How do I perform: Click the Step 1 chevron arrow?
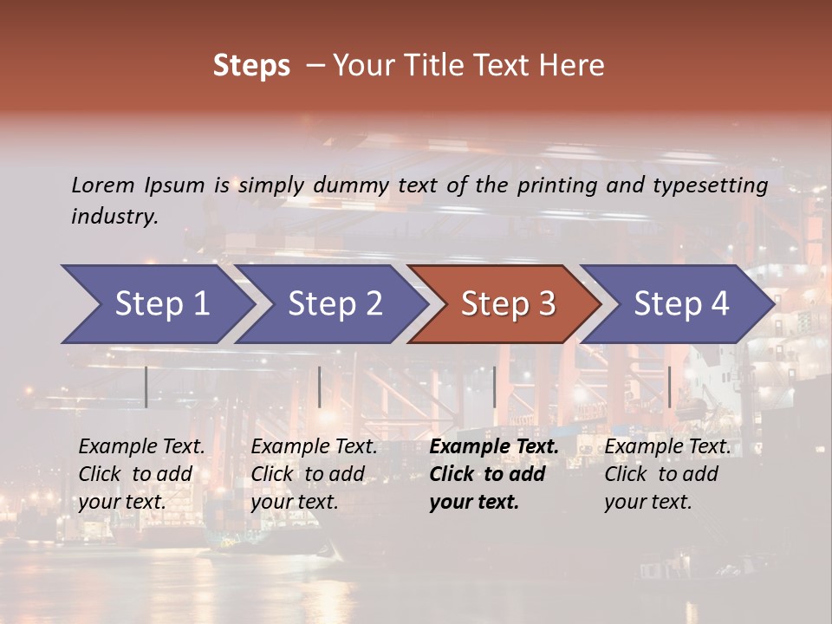click(160, 304)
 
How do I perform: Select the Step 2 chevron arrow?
click(334, 304)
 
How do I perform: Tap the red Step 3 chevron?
click(507, 304)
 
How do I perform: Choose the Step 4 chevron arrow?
click(680, 304)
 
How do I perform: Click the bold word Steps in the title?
click(251, 66)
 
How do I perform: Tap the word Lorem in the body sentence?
click(103, 185)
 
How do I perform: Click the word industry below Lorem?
click(114, 217)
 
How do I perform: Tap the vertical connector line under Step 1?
click(146, 387)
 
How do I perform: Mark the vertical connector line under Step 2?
click(320, 387)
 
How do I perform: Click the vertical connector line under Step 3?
click(494, 387)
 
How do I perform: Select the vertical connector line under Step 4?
click(669, 387)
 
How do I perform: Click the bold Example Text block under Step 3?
click(492, 474)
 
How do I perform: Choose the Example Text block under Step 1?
click(140, 474)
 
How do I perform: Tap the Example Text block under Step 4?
click(666, 474)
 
